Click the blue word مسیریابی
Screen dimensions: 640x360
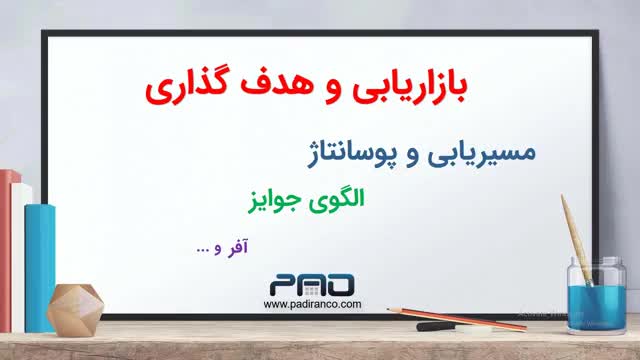[482, 153]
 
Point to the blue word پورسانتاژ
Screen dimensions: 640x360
[351, 154]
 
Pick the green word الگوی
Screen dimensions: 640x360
[336, 200]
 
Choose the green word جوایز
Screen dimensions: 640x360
[275, 201]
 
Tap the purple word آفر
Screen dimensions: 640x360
[237, 247]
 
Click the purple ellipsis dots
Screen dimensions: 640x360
[202, 250]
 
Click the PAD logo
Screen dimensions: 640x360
[312, 285]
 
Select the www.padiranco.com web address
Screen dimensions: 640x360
[312, 304]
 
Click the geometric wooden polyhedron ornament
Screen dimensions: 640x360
[75, 310]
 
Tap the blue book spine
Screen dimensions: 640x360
[40, 268]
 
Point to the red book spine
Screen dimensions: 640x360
[6, 250]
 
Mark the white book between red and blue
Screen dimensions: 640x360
[19, 257]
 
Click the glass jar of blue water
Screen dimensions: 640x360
[596, 296]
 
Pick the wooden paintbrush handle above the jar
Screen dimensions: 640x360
[575, 238]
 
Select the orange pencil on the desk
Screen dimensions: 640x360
[456, 318]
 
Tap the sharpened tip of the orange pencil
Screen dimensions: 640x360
[388, 309]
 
